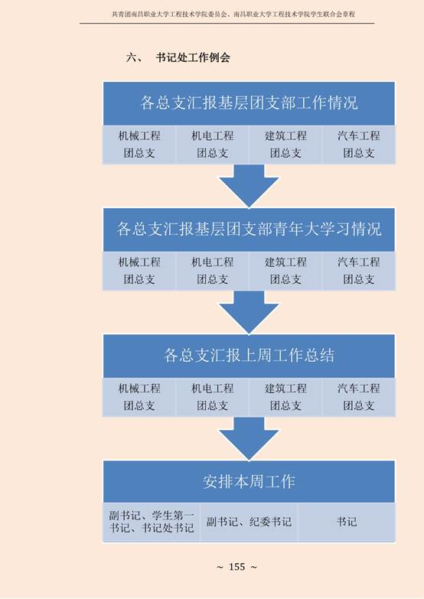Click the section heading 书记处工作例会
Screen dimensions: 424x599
pyautogui.click(x=193, y=57)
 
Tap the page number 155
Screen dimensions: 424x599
pyautogui.click(x=236, y=567)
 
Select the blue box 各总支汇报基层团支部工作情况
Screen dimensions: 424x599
pyautogui.click(x=249, y=103)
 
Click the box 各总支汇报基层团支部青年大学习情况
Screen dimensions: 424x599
pyautogui.click(x=249, y=230)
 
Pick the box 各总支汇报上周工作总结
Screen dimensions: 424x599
pyautogui.click(x=249, y=355)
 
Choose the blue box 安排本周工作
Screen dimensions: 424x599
pyautogui.click(x=249, y=481)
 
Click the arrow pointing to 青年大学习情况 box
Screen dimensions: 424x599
pyautogui.click(x=249, y=186)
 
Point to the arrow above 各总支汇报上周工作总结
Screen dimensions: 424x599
pyautogui.click(x=249, y=312)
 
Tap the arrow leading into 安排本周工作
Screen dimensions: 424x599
pyautogui.click(x=249, y=438)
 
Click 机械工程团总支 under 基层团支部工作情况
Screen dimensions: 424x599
pyautogui.click(x=139, y=145)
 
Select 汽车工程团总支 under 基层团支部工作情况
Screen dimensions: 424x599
pyautogui.click(x=359, y=145)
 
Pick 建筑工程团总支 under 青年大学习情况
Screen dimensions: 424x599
pyautogui.click(x=285, y=271)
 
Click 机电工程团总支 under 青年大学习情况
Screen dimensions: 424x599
pyautogui.click(x=213, y=271)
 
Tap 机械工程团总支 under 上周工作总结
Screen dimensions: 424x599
pyautogui.click(x=139, y=397)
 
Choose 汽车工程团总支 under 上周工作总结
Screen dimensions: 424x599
pyautogui.click(x=359, y=397)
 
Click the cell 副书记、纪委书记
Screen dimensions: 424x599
pyautogui.click(x=249, y=522)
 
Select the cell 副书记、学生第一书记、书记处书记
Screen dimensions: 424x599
pyautogui.click(x=152, y=522)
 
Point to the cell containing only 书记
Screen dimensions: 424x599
pyautogui.click(x=347, y=522)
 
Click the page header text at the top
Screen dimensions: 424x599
pyautogui.click(x=233, y=14)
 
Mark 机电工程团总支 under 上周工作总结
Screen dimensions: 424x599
pyautogui.click(x=213, y=397)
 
